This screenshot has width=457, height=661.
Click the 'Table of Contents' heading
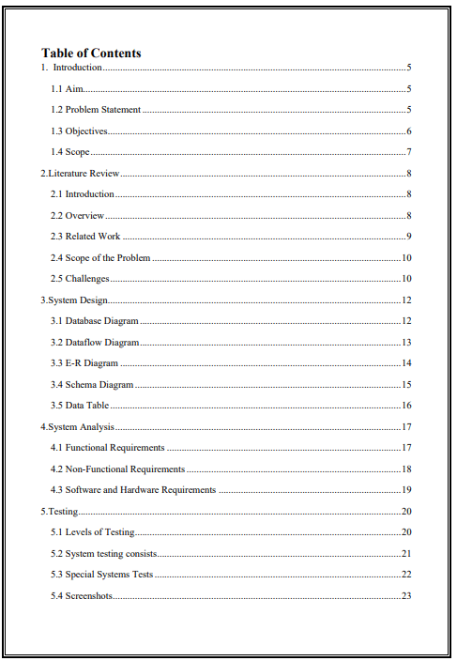click(91, 54)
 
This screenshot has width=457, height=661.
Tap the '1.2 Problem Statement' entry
click(96, 110)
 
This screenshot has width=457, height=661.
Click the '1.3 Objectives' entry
click(80, 131)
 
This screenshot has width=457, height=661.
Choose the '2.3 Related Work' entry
click(85, 237)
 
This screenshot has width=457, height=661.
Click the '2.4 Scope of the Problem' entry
click(100, 257)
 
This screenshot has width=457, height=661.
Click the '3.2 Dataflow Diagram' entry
click(95, 343)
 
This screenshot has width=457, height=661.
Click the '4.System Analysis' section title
click(77, 427)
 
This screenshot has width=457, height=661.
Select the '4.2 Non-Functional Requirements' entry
click(118, 469)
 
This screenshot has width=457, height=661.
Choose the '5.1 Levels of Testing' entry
click(93, 532)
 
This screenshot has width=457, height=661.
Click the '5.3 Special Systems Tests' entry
click(102, 575)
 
